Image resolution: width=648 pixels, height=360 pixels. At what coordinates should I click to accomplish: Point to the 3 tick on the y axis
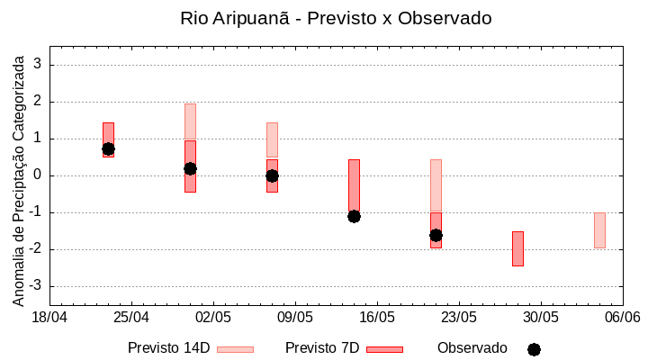pyautogui.click(x=39, y=65)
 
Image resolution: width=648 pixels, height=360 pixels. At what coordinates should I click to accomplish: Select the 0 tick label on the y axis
pyautogui.click(x=39, y=175)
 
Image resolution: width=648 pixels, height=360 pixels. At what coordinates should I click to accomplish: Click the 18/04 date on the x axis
pyautogui.click(x=49, y=318)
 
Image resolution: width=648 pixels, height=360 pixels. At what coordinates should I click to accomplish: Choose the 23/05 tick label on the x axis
pyautogui.click(x=459, y=318)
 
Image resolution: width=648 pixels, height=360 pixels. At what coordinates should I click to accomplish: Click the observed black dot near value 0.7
pyautogui.click(x=108, y=148)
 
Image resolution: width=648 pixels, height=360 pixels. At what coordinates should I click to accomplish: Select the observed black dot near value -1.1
pyautogui.click(x=354, y=216)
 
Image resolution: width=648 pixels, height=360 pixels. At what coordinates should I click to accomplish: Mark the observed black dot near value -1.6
pyautogui.click(x=436, y=235)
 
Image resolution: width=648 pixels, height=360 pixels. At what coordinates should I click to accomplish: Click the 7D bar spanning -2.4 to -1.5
pyautogui.click(x=517, y=248)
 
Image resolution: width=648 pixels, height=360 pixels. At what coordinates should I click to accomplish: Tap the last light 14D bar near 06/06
pyautogui.click(x=599, y=230)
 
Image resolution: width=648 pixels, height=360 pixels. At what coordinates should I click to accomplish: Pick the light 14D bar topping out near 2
pyautogui.click(x=190, y=121)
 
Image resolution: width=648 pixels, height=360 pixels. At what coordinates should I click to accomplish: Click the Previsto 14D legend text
pyautogui.click(x=168, y=348)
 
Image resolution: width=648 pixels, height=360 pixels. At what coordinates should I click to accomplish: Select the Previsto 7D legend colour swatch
pyautogui.click(x=384, y=348)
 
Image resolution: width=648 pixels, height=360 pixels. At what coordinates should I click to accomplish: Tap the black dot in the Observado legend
pyautogui.click(x=534, y=349)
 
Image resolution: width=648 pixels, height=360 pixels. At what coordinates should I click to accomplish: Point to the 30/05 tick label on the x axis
pyautogui.click(x=541, y=318)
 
